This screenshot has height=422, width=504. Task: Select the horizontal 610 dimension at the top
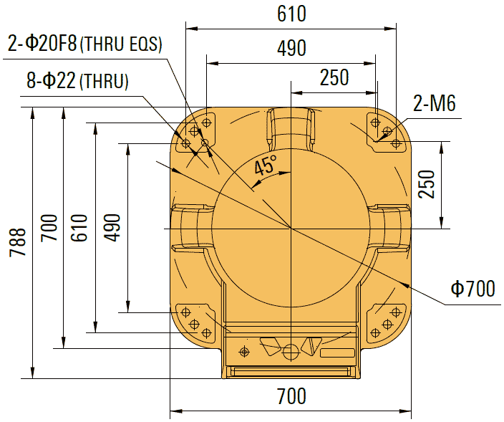tap(291, 14)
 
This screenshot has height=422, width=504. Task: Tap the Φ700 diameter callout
tap(472, 289)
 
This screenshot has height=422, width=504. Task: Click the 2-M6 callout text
tap(434, 105)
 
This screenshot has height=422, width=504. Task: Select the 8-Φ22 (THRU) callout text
tap(77, 81)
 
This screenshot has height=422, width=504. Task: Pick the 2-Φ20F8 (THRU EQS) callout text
tap(85, 44)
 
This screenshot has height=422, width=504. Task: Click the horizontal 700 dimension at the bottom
tap(291, 396)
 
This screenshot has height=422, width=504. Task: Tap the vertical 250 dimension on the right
tap(427, 185)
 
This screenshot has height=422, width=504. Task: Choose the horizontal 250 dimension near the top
tap(334, 77)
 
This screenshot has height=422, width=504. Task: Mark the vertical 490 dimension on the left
tap(112, 228)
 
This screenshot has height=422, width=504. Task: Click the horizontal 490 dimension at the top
tap(291, 47)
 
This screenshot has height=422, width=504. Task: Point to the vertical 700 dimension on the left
tap(49, 228)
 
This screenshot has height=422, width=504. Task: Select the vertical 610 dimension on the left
tap(79, 228)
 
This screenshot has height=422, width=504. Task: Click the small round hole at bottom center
tap(291, 352)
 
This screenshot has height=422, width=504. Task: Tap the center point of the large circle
tap(291, 228)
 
